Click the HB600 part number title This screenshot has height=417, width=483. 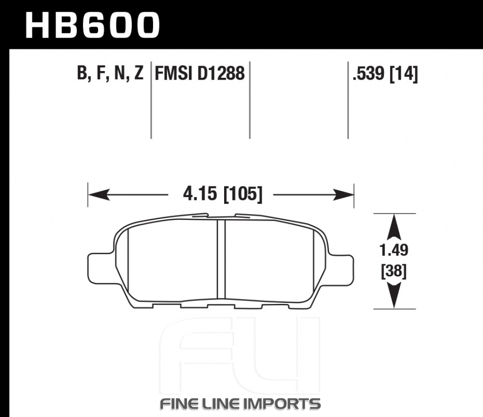[x=92, y=25]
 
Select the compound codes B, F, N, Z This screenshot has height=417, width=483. [x=110, y=73]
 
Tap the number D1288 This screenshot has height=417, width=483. [x=221, y=73]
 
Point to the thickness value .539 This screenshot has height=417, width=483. [x=369, y=73]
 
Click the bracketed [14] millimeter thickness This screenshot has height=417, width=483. [x=404, y=74]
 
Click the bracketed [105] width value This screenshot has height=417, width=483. [x=243, y=194]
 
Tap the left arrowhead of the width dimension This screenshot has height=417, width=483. [x=99, y=194]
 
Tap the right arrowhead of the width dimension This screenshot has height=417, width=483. [x=343, y=194]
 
